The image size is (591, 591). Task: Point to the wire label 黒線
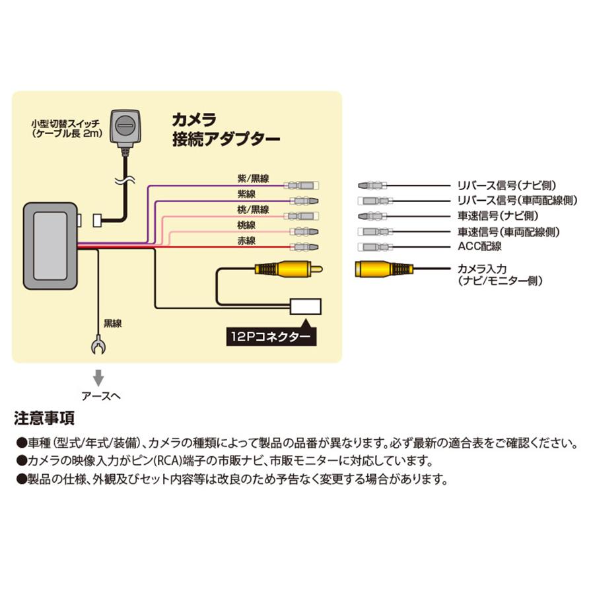pyautogui.click(x=113, y=324)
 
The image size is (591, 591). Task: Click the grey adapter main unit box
pyautogui.click(x=50, y=243)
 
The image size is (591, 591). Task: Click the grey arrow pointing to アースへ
pyautogui.click(x=98, y=378)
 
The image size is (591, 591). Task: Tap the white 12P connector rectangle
pyautogui.click(x=304, y=306)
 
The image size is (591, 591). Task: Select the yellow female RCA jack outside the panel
pyautogui.click(x=384, y=269)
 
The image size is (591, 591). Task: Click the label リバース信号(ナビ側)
pyautogui.click(x=500, y=186)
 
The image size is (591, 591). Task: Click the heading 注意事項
pyautogui.click(x=44, y=418)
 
